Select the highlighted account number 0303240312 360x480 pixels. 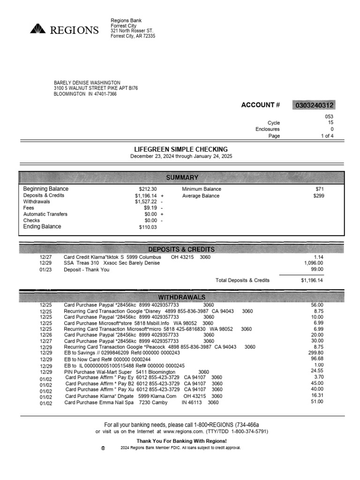314,105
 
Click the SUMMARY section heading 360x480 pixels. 182,178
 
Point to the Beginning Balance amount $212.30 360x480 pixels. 148,189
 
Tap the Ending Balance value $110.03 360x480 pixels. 148,227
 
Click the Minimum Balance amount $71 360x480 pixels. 319,189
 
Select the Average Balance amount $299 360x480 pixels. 318,196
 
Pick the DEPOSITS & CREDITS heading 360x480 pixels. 181,249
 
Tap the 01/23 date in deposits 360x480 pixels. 45,270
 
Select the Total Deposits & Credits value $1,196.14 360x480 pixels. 312,280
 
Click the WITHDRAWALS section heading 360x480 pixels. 181,298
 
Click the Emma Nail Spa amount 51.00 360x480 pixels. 317,402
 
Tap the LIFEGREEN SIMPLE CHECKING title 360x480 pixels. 181,149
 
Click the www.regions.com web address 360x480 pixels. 183,431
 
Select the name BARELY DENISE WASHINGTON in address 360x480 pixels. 87,82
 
